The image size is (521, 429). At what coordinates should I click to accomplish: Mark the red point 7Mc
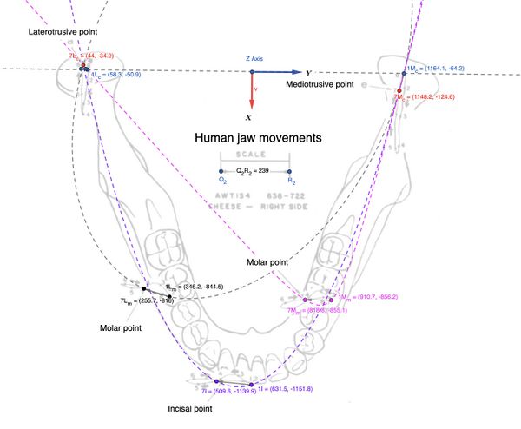pyautogui.click(x=399, y=90)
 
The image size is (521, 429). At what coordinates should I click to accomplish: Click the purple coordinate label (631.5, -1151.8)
pyautogui.click(x=287, y=390)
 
